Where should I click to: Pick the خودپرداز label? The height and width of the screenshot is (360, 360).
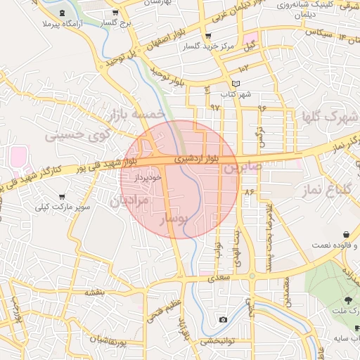(148, 178)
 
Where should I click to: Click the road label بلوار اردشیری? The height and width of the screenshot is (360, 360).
(198, 160)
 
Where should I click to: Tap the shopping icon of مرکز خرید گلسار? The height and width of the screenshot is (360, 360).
(207, 37)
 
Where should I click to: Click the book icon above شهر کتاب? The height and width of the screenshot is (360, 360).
(235, 84)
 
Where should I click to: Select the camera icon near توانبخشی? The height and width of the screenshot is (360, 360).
(224, 320)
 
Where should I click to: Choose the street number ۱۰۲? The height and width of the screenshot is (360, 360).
(244, 68)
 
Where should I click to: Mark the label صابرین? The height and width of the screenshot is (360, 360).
(243, 167)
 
